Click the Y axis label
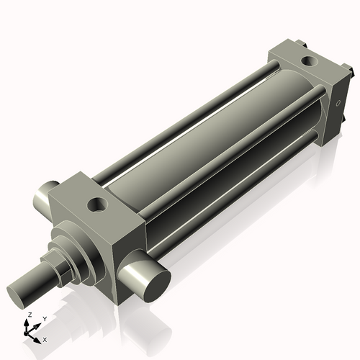(x=45, y=318)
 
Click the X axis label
(x=45, y=338)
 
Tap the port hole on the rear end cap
(x=308, y=60)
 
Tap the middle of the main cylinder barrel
(x=209, y=137)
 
